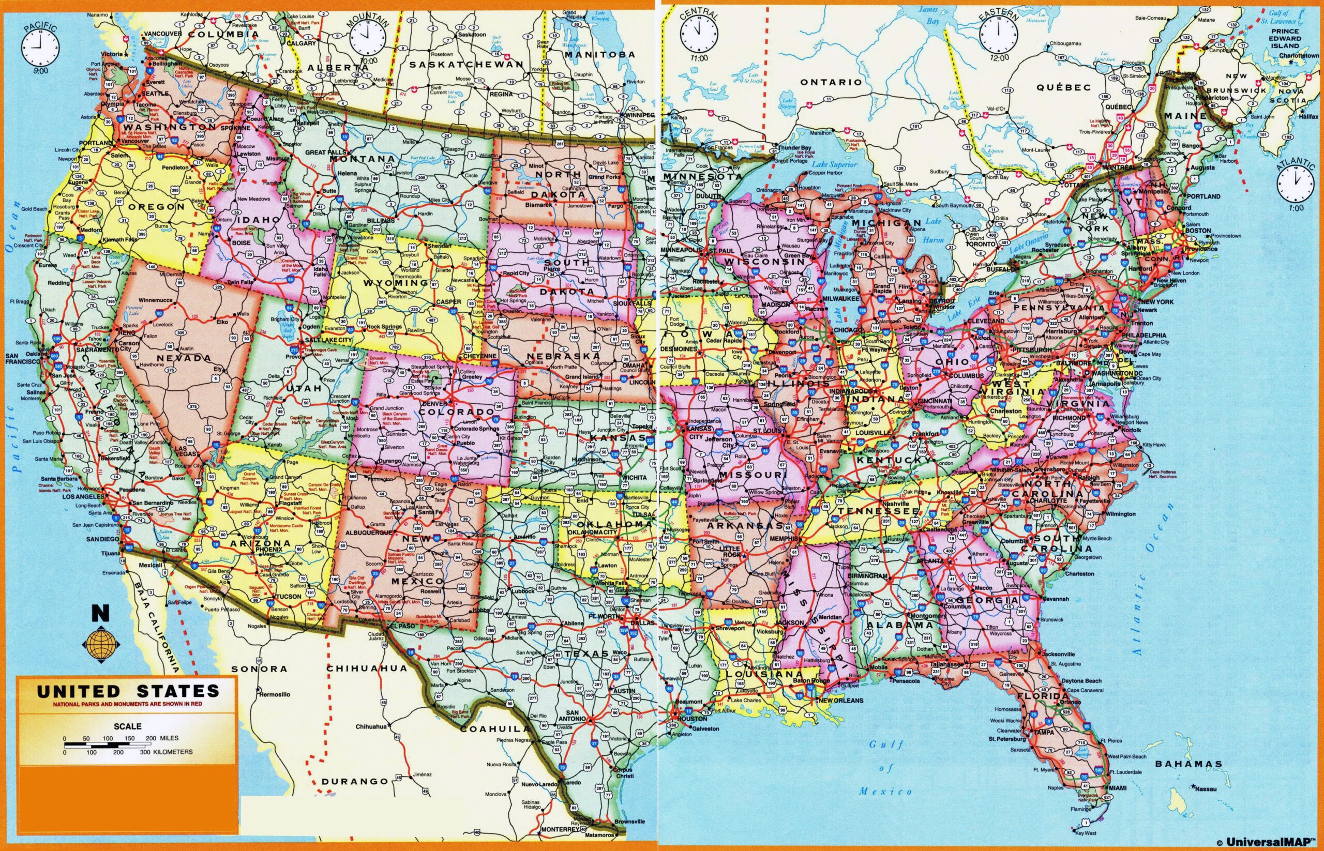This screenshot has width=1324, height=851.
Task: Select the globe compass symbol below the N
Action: [101, 644]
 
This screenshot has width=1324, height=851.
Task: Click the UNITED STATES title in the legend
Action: [127, 691]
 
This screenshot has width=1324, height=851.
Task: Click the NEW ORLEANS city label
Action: [840, 701]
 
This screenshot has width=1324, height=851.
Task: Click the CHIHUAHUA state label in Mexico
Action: [367, 668]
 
